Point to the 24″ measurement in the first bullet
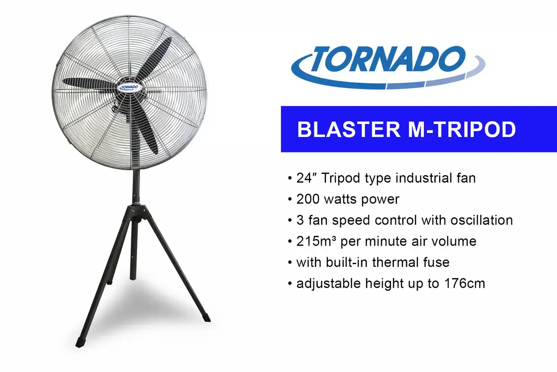[x=306, y=178]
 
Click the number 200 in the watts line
[x=310, y=199]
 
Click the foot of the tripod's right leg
[x=206, y=318]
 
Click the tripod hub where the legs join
[x=138, y=212]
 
